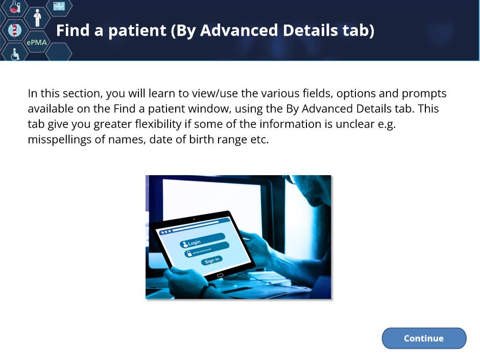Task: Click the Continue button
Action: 424,338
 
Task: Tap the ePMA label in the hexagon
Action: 37,42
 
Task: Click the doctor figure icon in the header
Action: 37,17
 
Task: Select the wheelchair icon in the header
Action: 15,54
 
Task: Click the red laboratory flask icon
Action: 14,7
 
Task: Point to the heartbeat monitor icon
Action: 59,6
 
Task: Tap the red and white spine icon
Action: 14,30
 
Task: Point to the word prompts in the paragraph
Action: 424,93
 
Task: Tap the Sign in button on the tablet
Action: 212,260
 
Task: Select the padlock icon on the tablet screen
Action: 189,253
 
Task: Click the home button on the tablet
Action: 220,276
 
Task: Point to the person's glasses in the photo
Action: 291,179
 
